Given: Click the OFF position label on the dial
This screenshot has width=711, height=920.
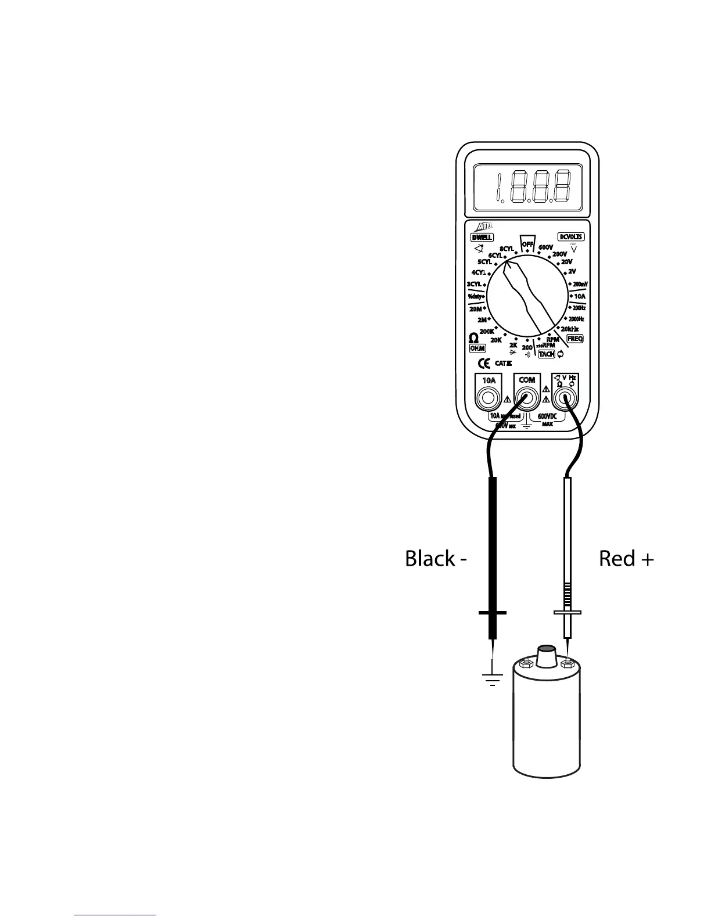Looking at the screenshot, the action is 527,245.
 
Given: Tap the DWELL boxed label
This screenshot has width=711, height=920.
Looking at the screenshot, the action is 482,237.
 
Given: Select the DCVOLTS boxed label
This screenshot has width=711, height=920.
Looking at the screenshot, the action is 571,237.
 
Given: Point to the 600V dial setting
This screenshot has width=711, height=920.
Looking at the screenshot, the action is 545,247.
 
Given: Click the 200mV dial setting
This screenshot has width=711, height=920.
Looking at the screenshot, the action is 580,284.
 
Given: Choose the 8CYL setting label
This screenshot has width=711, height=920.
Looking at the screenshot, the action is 507,249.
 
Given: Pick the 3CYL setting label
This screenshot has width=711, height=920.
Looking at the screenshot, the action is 474,284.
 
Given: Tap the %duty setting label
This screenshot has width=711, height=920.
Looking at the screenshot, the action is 476,296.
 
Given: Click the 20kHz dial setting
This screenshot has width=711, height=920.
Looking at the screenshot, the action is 570,329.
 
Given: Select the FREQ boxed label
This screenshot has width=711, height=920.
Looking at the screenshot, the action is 575,339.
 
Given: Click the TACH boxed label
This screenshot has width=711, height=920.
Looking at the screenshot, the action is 547,354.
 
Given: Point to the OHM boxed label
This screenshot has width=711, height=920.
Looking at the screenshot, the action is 477,348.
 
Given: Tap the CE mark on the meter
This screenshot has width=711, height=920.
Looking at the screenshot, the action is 484,364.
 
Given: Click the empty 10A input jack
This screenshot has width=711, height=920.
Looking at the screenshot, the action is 489,398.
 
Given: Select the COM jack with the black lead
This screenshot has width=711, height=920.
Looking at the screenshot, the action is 527,398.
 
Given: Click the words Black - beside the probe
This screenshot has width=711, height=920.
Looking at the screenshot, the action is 436,559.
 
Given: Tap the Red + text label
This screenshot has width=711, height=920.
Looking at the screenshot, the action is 626,559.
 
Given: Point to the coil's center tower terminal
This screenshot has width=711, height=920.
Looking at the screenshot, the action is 545,657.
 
